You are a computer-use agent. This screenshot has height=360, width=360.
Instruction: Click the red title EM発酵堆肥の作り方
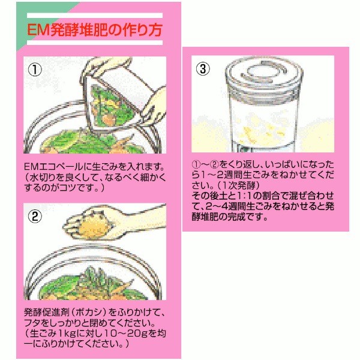95,30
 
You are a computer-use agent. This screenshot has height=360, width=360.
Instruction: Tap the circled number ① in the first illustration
35,70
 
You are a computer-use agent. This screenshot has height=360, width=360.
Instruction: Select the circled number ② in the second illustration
35,216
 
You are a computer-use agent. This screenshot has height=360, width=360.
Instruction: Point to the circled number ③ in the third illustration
203,68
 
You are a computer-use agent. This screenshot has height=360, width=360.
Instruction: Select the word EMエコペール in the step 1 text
53,167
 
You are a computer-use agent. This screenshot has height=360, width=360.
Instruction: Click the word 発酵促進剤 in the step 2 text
46,312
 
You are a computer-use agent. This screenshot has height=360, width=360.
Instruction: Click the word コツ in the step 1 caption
68,188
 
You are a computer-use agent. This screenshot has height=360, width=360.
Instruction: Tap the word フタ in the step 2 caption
33,323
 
